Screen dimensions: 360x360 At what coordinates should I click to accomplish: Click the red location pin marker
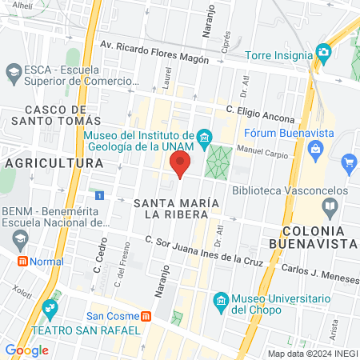[180, 164]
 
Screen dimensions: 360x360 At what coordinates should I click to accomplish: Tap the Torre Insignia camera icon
[323, 53]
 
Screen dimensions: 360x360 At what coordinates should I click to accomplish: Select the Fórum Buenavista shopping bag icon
[317, 148]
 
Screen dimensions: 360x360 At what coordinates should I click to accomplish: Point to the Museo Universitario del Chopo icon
[222, 300]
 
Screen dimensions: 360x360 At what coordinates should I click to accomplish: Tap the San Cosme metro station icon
[146, 314]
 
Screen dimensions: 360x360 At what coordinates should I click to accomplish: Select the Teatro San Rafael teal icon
[51, 307]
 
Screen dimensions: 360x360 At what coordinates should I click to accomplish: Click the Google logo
[26, 350]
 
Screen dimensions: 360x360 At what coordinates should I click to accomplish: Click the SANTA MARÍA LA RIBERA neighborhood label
[176, 207]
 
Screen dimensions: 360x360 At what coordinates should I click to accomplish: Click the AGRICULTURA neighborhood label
[54, 163]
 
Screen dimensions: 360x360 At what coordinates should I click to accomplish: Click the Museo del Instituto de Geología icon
[205, 138]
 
